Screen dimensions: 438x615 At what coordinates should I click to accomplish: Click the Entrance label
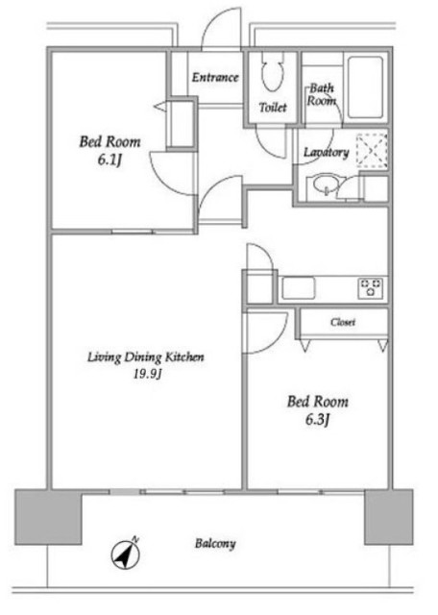[215, 77]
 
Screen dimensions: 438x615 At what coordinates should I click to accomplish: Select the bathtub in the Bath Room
[365, 87]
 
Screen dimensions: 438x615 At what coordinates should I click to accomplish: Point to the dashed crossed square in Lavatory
[372, 151]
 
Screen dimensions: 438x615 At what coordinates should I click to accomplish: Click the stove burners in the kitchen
[371, 288]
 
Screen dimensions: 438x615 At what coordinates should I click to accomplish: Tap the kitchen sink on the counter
[299, 288]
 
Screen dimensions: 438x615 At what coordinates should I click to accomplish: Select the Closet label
[343, 323]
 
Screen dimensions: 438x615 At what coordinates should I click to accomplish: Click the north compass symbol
[126, 553]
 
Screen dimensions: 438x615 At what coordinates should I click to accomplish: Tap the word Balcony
[215, 544]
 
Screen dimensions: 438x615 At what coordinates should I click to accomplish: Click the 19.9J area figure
[147, 374]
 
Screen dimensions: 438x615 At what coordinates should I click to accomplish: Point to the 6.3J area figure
[317, 420]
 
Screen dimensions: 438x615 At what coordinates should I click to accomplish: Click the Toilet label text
[273, 107]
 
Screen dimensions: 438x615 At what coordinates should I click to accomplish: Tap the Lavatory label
[327, 152]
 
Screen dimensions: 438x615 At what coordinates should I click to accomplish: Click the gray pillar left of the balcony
[48, 517]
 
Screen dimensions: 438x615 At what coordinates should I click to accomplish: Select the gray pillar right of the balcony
[389, 517]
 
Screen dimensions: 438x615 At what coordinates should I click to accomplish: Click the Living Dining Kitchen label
[145, 357]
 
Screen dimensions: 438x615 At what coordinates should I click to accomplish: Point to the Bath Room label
[321, 94]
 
